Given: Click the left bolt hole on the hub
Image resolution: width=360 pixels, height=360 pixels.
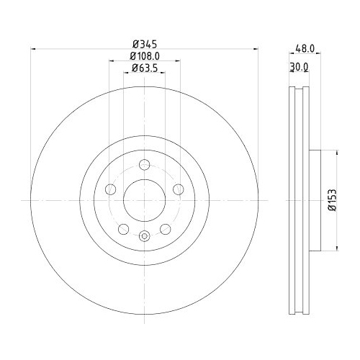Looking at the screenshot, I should pos(110,189).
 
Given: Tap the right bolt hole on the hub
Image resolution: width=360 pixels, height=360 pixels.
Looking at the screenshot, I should pos(178,189).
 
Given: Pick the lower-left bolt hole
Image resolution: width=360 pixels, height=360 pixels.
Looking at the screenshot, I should pos(123,228).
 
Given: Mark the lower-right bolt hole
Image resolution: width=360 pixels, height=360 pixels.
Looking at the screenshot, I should pos(165,228).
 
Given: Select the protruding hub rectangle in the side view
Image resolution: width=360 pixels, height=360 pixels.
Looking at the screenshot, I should pos(313,199).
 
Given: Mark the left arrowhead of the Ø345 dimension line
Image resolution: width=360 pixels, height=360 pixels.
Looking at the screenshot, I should pos(34,49).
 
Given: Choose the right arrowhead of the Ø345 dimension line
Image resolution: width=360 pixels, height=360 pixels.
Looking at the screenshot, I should pos(255,49).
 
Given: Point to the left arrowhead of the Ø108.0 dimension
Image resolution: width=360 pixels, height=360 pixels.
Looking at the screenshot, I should pos(111,61).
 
